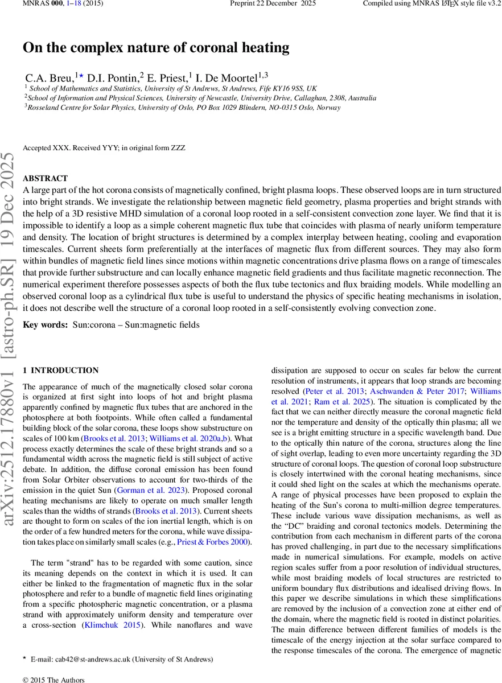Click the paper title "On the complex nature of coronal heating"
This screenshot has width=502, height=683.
tap(156, 48)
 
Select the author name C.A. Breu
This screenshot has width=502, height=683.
tap(49, 77)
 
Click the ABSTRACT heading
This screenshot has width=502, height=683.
tap(45, 178)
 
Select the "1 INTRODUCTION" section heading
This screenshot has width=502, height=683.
tap(60, 371)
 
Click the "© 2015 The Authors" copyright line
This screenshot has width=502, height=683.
tap(53, 680)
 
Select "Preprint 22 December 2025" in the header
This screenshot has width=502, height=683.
tap(265, 5)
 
